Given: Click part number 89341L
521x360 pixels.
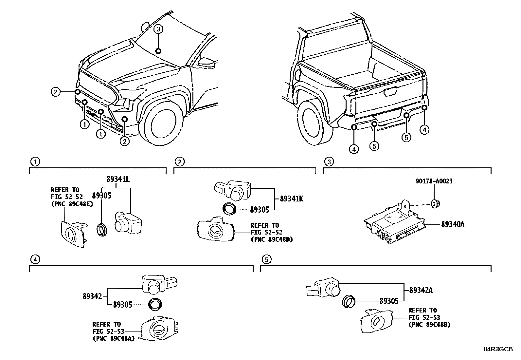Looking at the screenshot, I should click(x=118, y=179).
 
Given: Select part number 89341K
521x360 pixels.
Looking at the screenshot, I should click(x=291, y=199).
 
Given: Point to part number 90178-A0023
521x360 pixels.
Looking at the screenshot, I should click(x=434, y=181).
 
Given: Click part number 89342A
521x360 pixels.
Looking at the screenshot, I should click(x=421, y=290).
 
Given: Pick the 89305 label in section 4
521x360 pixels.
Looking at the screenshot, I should click(x=122, y=305).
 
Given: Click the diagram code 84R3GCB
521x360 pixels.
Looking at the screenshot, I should click(x=498, y=349).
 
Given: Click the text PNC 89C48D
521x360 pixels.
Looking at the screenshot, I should click(x=272, y=239).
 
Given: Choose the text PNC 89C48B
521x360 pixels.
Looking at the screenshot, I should click(x=429, y=325).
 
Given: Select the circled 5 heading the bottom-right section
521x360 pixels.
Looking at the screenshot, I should click(x=266, y=260).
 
